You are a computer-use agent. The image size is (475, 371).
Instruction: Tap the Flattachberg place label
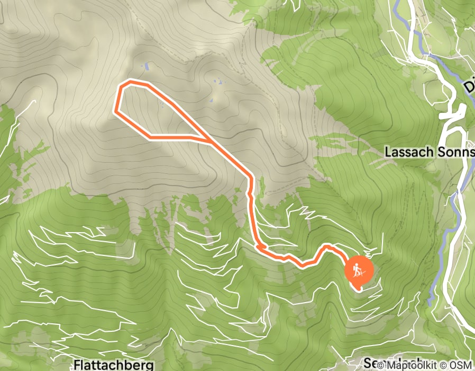click(x=114, y=365)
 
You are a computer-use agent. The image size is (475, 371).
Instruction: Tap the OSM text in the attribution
click(x=461, y=365)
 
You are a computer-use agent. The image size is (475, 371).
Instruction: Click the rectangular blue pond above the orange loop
click(x=145, y=66)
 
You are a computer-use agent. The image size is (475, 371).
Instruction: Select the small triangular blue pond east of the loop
click(x=212, y=99)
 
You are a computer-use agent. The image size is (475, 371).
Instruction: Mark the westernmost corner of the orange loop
click(x=116, y=111)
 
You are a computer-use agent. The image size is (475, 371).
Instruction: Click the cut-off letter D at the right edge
click(x=470, y=85)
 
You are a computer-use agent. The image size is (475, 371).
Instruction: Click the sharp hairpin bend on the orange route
click(x=258, y=246)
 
